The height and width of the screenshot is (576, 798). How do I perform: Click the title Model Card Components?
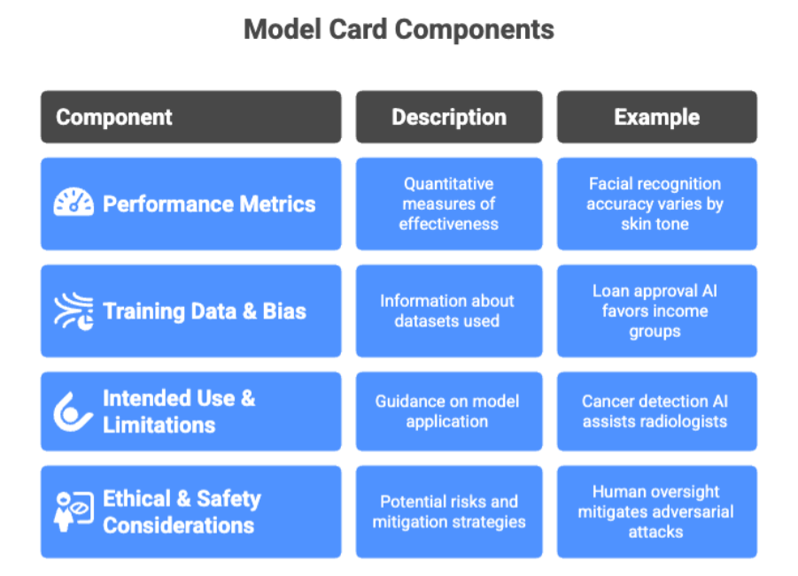(x=399, y=30)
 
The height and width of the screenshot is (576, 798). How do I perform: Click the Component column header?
(x=114, y=117)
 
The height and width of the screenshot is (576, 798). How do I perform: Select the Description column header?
(x=449, y=117)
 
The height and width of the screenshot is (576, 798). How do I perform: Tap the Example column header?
(x=656, y=117)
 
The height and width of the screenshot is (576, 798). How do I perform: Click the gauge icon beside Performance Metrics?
(x=74, y=204)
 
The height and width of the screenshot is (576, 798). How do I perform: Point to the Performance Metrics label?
(x=209, y=204)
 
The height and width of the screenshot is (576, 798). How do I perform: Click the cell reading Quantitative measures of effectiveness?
(x=449, y=204)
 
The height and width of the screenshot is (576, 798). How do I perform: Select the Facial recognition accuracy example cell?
(x=655, y=204)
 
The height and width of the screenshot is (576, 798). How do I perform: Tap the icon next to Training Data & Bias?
(x=74, y=311)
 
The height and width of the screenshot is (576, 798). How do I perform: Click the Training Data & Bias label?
(x=205, y=311)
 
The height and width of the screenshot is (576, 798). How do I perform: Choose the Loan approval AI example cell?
(x=655, y=311)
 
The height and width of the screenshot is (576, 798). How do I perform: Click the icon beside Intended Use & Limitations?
(x=73, y=411)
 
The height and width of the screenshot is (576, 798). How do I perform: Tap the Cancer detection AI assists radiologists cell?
(x=655, y=411)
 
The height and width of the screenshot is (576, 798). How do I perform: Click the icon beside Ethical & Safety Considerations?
(x=74, y=511)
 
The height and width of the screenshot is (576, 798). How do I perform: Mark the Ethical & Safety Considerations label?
(x=182, y=511)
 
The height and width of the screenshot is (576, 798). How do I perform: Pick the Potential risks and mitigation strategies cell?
(x=449, y=511)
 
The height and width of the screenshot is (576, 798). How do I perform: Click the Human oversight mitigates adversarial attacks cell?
(x=655, y=511)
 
